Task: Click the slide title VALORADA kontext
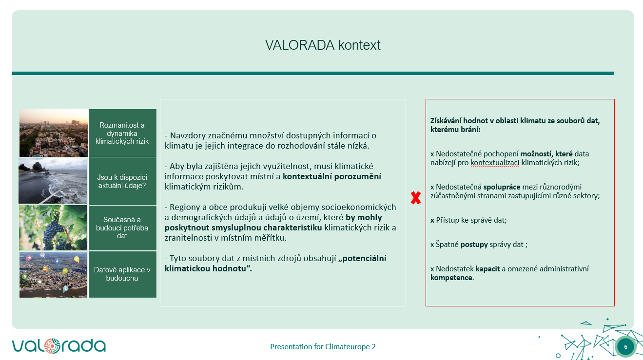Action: [x=323, y=45]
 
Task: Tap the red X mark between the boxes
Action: [x=415, y=198]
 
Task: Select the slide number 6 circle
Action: [x=625, y=347]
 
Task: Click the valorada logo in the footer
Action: [x=58, y=345]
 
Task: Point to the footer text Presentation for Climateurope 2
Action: [x=323, y=347]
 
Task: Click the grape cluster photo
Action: [x=53, y=228]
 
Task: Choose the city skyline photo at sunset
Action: [x=53, y=133]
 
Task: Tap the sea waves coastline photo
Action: [x=53, y=180]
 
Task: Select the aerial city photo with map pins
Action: [x=53, y=274]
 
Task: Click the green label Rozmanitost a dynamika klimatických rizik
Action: [x=122, y=133]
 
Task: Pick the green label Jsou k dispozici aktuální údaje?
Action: [x=122, y=181]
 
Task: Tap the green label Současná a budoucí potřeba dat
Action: [x=122, y=228]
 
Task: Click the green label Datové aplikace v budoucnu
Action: [x=122, y=274]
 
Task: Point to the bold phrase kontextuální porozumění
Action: [x=332, y=176]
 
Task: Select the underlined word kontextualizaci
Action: [x=495, y=163]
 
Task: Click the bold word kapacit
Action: [x=488, y=268]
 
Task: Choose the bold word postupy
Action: [x=474, y=245]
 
